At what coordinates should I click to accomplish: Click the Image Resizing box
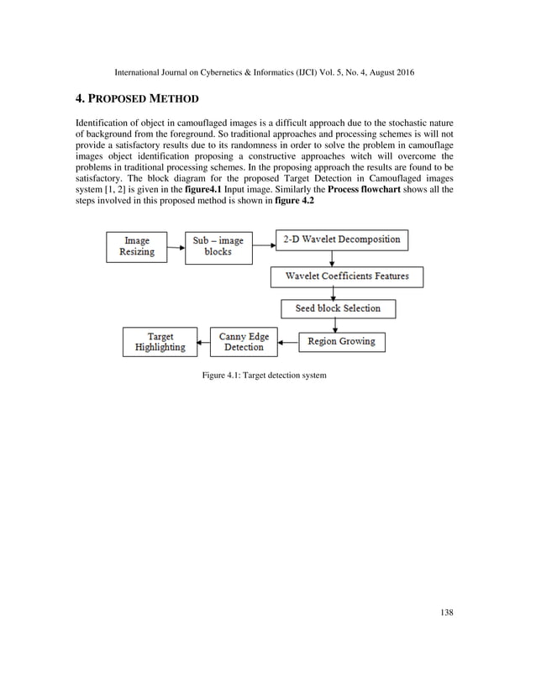click(x=137, y=246)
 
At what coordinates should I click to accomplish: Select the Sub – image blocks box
click(x=218, y=246)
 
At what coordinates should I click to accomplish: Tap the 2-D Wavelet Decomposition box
click(x=342, y=239)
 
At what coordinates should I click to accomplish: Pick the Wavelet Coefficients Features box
click(x=346, y=276)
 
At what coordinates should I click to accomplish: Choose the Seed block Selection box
click(x=338, y=308)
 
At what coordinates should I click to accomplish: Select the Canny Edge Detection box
click(x=244, y=342)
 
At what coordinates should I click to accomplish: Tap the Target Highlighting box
click(x=160, y=342)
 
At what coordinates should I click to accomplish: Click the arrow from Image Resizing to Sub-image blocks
click(x=176, y=247)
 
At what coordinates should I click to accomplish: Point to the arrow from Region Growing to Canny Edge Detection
click(x=289, y=342)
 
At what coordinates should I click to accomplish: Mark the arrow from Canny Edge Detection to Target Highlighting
click(x=202, y=342)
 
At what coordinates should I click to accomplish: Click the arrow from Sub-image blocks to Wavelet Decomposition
click(x=264, y=246)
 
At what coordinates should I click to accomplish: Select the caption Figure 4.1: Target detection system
click(x=264, y=375)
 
